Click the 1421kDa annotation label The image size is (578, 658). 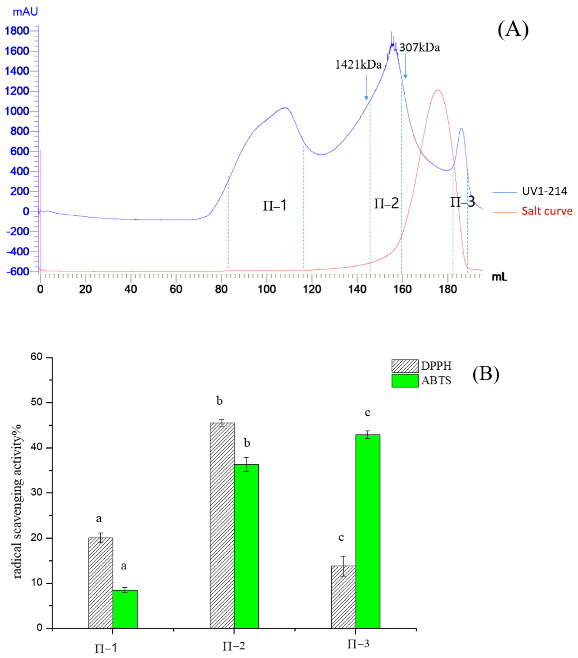pos(358,65)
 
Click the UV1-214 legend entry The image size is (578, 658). pos(544,191)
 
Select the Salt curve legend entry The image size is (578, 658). pos(547,211)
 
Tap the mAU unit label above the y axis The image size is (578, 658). pos(25,12)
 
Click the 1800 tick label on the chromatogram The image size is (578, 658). pos(17,31)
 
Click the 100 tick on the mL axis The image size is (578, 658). pos(267,289)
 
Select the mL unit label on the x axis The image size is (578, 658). pos(499,277)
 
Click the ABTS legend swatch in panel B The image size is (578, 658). pos(405,380)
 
